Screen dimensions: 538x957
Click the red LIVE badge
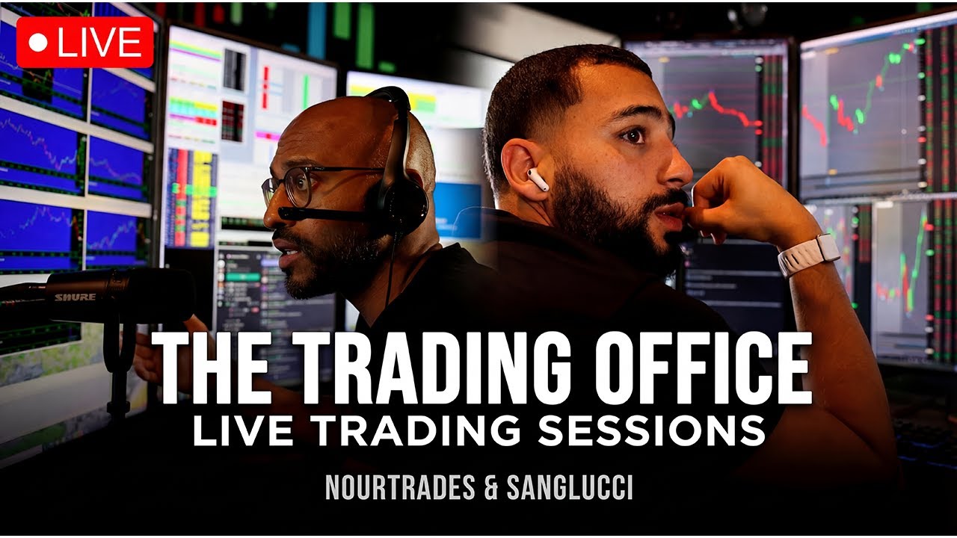coord(84,43)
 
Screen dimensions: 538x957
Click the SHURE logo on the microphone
coord(75,297)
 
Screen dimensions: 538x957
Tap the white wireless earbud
coord(538,179)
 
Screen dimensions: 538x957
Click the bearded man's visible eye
coord(633,136)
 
